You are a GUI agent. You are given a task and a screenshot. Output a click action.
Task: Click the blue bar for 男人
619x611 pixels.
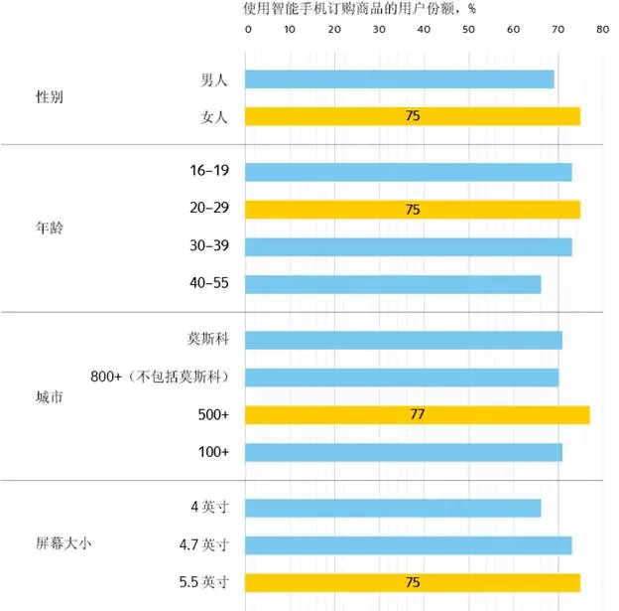[x=399, y=79]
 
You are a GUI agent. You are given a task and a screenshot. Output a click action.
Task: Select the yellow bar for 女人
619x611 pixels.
[x=412, y=116]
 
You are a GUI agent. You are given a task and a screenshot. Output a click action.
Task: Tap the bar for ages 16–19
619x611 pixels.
[x=408, y=172]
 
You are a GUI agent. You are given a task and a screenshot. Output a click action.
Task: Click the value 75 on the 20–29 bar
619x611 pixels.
[x=413, y=210]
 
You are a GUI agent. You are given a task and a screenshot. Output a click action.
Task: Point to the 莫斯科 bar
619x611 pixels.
[x=403, y=340]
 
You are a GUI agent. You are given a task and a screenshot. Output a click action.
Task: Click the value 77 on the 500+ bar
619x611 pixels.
[x=417, y=414]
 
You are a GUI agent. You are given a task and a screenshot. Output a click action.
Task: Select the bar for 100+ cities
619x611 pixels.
[x=403, y=452]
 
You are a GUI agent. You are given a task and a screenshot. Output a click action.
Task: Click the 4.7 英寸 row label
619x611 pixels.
[x=201, y=544]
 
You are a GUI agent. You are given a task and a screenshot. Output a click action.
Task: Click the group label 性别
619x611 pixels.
[x=50, y=98]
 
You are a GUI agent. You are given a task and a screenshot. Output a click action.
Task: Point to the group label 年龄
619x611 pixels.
[x=50, y=228]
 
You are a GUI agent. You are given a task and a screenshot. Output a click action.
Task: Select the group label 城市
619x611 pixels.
[x=50, y=395]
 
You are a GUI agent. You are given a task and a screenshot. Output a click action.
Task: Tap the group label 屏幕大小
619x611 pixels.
[x=63, y=544]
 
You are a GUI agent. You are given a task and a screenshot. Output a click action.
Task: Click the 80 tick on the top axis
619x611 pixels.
[x=602, y=30]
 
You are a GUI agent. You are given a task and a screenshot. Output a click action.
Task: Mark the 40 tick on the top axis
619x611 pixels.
[x=425, y=30]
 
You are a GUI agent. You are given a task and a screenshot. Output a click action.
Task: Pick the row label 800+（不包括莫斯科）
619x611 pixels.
[x=160, y=378]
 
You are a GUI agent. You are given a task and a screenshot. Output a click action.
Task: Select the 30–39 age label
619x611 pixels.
[x=209, y=246]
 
